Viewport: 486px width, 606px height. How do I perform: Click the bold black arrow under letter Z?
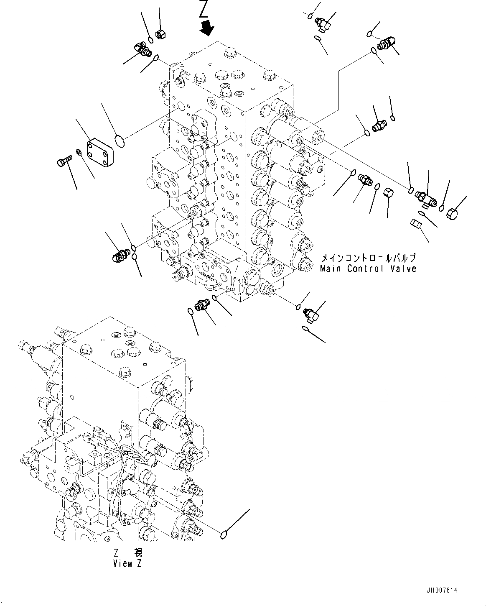[207, 28]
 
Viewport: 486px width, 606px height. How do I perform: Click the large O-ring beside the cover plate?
[119, 141]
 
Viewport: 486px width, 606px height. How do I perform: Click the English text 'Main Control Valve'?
[368, 268]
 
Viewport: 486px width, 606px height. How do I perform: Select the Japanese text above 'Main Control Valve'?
[368, 258]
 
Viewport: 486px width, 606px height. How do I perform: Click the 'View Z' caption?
[127, 563]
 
